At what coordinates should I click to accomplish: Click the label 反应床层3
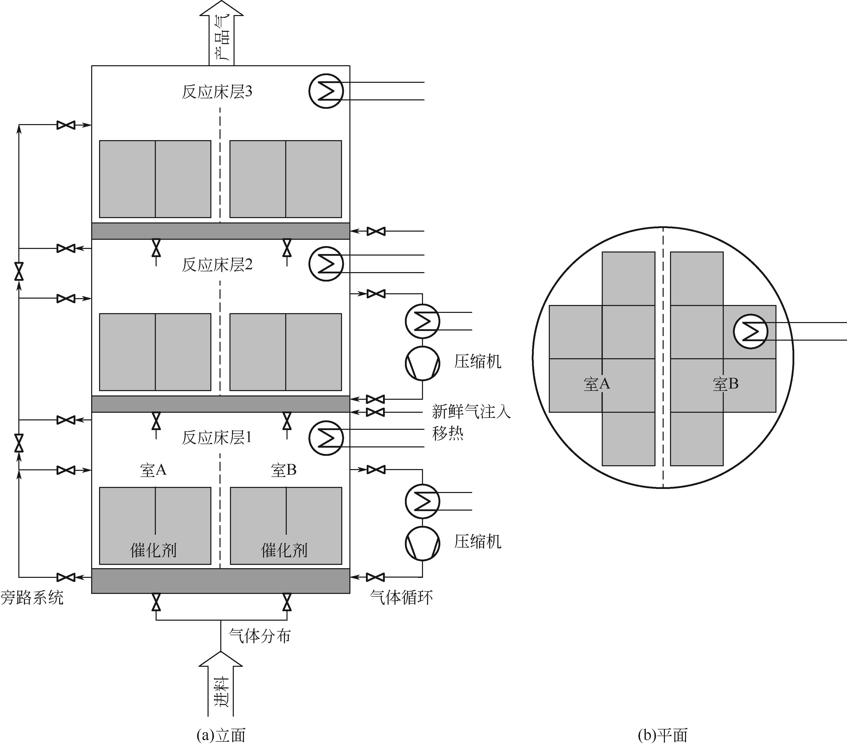coord(217,92)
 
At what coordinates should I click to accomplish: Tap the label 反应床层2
coord(217,264)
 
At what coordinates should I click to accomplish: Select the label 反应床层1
coord(217,437)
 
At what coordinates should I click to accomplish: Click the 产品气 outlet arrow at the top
coord(221,33)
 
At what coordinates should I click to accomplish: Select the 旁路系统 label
coord(32,598)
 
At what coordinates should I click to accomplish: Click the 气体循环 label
coord(401,597)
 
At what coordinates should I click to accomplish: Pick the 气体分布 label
coord(260,635)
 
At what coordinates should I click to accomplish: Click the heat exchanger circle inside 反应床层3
coord(326,91)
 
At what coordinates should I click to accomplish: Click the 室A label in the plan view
coord(597,384)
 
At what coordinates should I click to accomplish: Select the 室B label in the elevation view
coord(284,470)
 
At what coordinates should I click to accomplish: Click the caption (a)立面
coord(221,735)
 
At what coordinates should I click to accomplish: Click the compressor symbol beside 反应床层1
coord(422,543)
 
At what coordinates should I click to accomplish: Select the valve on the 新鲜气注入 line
coord(375,412)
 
